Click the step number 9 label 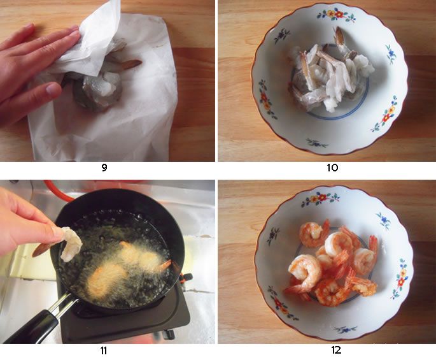click(104, 168)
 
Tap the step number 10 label click(332, 168)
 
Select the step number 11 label click(104, 350)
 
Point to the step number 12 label click(336, 350)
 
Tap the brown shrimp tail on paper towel click(131, 64)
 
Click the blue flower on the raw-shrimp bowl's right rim click(391, 53)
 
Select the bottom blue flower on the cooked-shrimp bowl click(346, 330)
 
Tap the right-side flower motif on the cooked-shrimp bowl click(400, 278)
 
